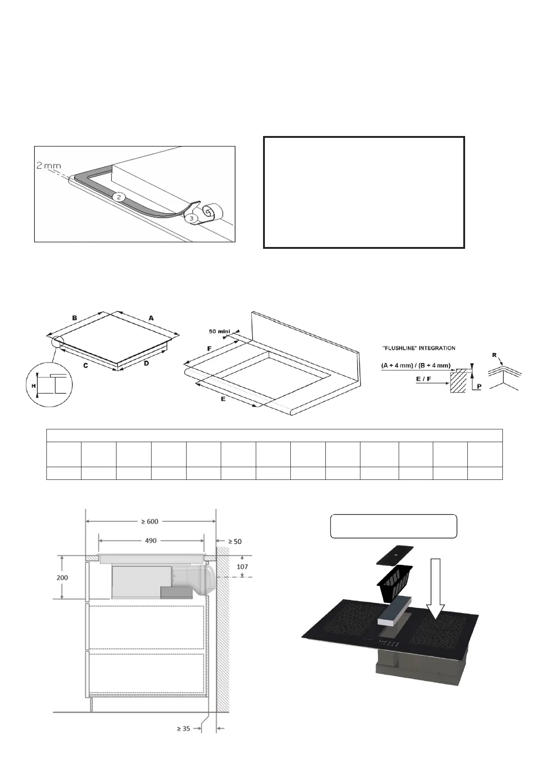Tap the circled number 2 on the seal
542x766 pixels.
118,197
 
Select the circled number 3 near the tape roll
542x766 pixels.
192,218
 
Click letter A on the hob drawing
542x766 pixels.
151,318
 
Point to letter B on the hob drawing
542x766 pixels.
74,318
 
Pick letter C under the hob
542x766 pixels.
85,365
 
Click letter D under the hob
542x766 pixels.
147,364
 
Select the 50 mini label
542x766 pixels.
220,332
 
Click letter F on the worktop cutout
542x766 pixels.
209,349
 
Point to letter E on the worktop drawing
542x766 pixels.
223,399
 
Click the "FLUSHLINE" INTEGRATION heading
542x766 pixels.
418,348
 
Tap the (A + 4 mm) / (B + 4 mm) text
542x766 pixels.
415,365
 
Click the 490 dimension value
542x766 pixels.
151,540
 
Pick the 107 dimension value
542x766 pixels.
242,567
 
